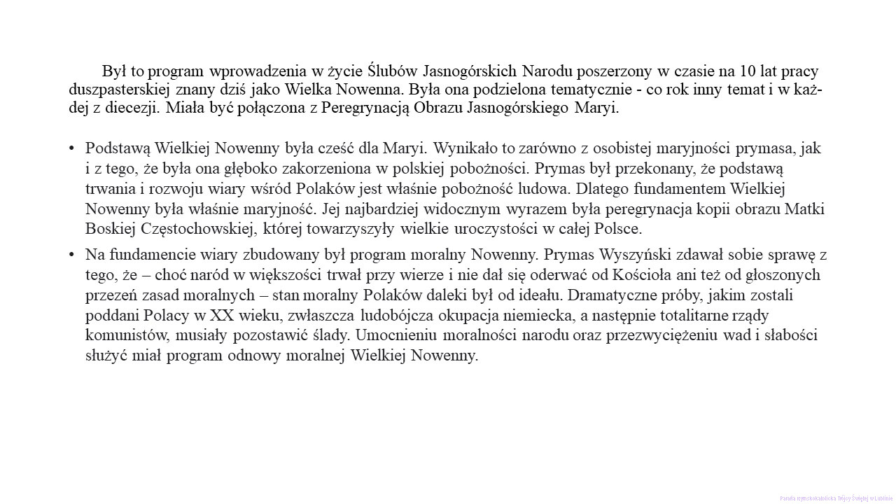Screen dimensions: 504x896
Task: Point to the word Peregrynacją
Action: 364,108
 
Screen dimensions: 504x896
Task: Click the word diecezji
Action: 135,108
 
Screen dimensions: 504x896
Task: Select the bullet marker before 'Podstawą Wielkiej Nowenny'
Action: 72,148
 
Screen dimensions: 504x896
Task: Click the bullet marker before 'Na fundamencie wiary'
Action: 72,254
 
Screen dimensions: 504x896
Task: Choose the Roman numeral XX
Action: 221,315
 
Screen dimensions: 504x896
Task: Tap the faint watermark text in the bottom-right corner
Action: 836,498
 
